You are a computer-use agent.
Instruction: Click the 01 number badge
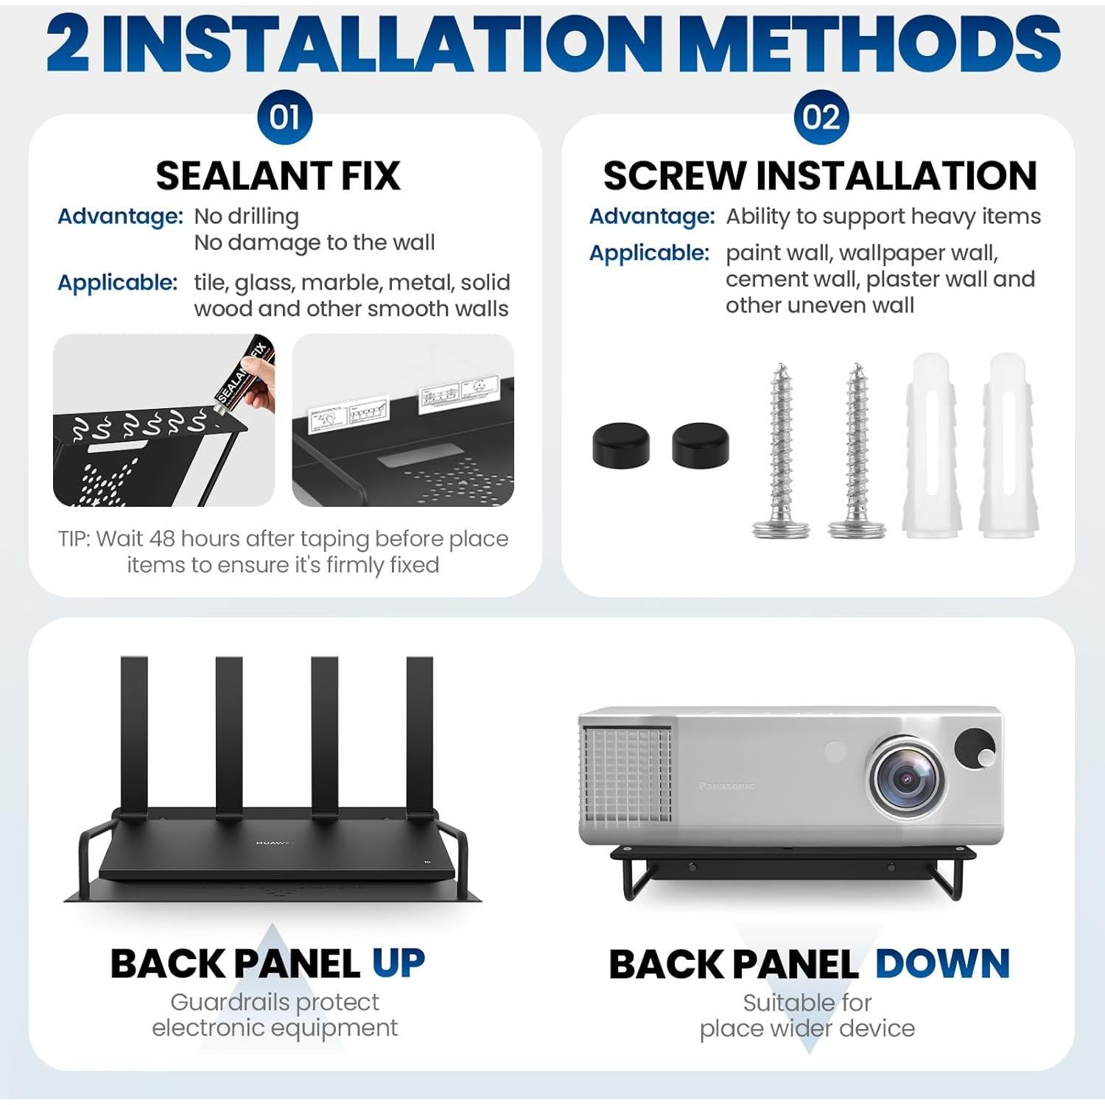pos(284,118)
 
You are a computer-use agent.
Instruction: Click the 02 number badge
pos(821,118)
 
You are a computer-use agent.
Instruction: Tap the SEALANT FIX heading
pos(278,176)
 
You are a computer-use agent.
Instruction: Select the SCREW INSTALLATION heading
pos(820,176)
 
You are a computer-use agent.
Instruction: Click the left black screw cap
pos(621,444)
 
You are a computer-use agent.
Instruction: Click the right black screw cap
pos(700,444)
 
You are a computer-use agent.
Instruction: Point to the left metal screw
pos(780,449)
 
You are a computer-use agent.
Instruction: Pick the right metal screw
pos(856,449)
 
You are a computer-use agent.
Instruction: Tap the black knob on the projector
pos(975,749)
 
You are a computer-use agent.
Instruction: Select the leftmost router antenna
pos(134,734)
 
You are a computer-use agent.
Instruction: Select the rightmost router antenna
pos(419,734)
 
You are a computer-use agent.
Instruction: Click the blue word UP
pos(398,963)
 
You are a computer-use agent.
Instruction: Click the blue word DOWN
pos(942,964)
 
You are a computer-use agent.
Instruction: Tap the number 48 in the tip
pos(162,539)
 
